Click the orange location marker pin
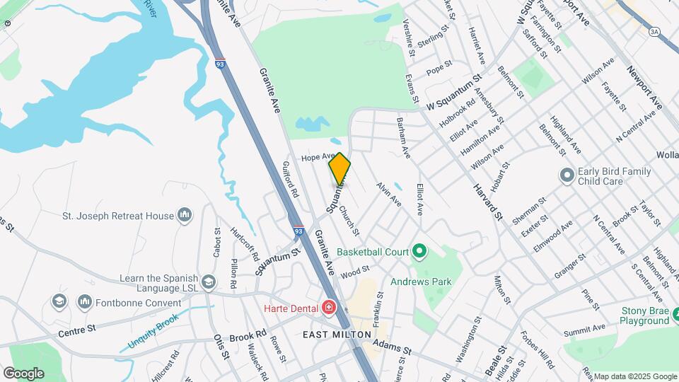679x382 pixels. [x=339, y=168]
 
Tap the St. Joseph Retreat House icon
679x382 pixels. [x=185, y=214]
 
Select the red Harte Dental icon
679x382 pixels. [x=328, y=307]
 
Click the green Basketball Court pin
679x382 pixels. [x=419, y=251]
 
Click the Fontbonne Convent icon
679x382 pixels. [x=85, y=302]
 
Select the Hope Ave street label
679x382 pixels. [x=317, y=157]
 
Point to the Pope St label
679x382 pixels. [x=439, y=68]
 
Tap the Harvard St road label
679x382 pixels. [x=487, y=201]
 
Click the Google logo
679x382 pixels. [x=23, y=373]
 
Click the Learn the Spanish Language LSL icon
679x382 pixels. [x=209, y=282]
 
